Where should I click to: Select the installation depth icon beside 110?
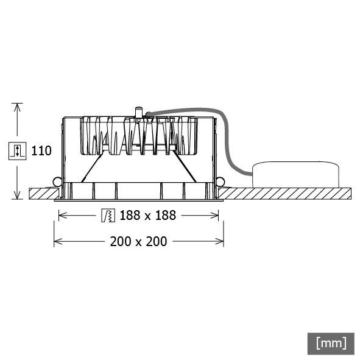coord(18,151)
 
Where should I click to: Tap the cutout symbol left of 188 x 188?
coord(108,215)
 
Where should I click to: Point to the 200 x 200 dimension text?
coord(138,241)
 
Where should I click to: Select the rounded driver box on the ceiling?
coord(295,174)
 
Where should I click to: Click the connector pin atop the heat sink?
coord(138,113)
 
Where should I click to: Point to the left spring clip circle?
coord(57,182)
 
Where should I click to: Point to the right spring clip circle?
coord(220,182)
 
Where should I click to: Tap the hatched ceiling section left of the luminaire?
coord(42,193)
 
